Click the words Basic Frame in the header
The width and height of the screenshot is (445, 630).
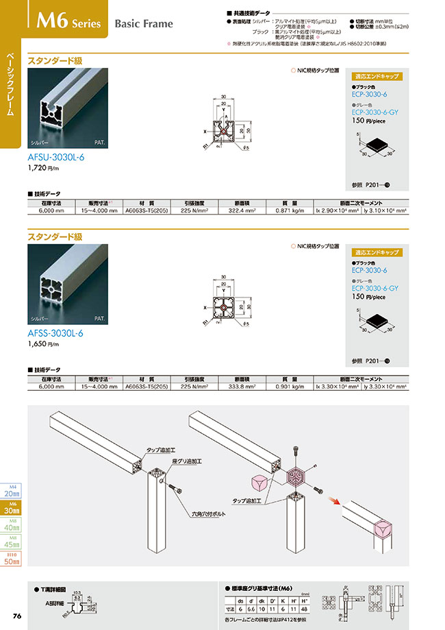coord(143,24)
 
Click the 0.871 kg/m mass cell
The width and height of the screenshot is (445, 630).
coord(288,210)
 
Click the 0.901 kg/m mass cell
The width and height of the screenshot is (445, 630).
coord(288,387)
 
